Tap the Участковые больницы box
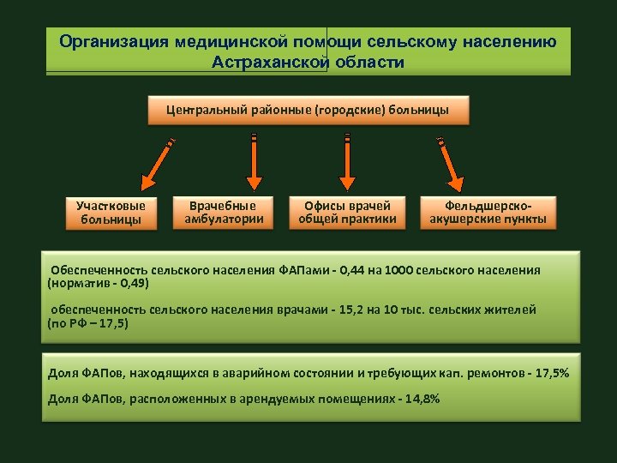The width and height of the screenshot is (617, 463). coord(111,213)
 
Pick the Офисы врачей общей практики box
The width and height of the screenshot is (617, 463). coord(347,212)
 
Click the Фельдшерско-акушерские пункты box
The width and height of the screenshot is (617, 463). coord(488,212)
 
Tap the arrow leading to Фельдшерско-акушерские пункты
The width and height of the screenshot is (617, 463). coord(451,164)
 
